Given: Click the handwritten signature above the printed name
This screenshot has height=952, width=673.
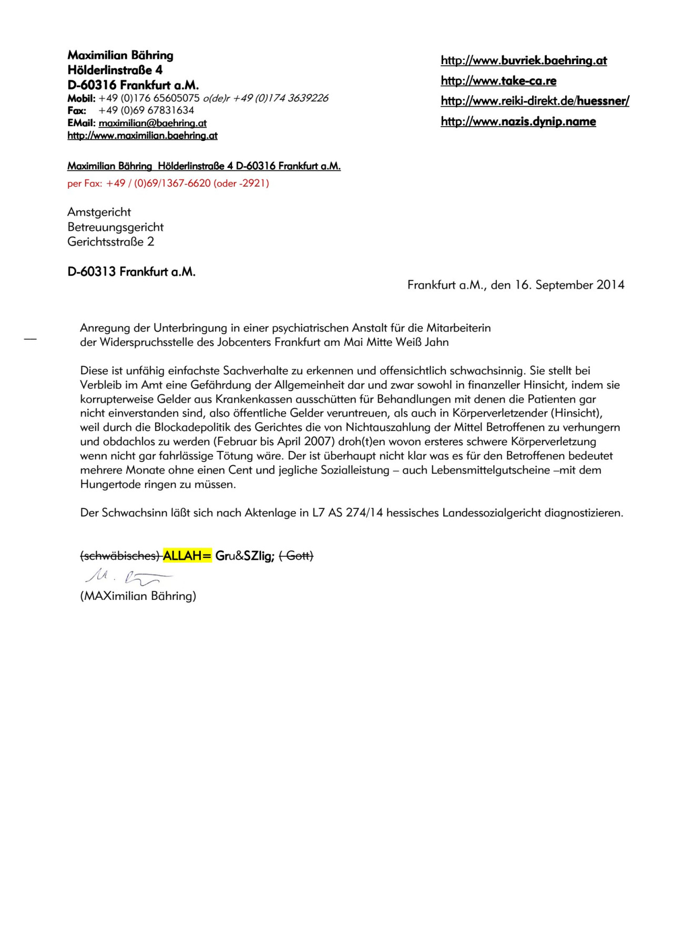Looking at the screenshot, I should (x=128, y=577).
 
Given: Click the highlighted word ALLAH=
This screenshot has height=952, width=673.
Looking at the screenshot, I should (x=187, y=556).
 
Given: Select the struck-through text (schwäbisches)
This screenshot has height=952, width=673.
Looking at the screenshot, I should (x=120, y=556).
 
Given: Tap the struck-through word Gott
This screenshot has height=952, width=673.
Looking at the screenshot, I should (x=296, y=556).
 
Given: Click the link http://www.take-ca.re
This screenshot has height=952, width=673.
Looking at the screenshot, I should (x=498, y=81).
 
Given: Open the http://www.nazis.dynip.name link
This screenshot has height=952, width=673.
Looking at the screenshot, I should (x=518, y=121).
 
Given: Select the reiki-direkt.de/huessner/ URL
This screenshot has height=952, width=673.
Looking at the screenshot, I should (x=535, y=101).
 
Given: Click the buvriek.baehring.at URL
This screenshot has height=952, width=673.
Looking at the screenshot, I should (x=524, y=60).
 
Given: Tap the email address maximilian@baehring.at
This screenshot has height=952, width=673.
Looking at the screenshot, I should (x=152, y=123).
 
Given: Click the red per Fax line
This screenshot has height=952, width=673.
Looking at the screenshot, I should (x=168, y=183).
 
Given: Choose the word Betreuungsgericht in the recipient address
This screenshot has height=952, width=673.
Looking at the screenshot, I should (x=116, y=227).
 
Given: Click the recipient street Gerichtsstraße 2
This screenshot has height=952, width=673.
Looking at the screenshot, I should (x=111, y=242).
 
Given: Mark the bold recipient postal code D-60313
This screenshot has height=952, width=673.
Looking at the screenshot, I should (x=92, y=272).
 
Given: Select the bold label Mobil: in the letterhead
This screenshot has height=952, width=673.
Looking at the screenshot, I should (x=81, y=98).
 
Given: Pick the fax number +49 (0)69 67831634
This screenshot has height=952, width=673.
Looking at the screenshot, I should (x=146, y=110).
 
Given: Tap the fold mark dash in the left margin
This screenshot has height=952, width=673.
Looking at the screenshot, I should (x=30, y=340).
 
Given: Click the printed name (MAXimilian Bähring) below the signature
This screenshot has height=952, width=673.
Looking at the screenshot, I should (x=138, y=596).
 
